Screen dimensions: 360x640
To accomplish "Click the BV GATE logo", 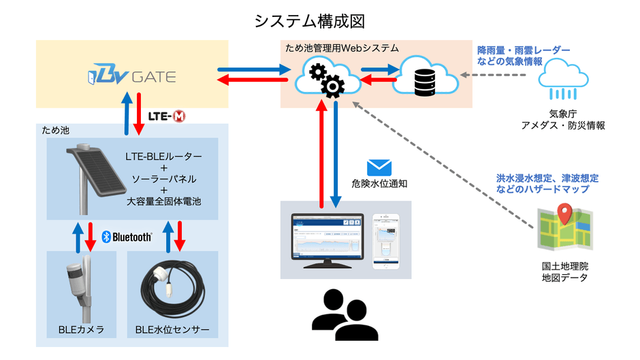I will (132, 75).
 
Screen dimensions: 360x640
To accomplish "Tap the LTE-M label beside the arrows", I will (167, 116).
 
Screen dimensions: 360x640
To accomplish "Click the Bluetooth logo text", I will (127, 237).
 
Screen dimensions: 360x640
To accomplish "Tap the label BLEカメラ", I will (81, 330).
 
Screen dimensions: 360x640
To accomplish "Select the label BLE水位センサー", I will (172, 330).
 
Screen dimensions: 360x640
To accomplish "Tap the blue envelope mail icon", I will (379, 167).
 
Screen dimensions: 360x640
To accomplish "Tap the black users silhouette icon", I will (344, 314).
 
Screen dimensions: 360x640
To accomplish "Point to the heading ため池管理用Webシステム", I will (340, 48).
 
